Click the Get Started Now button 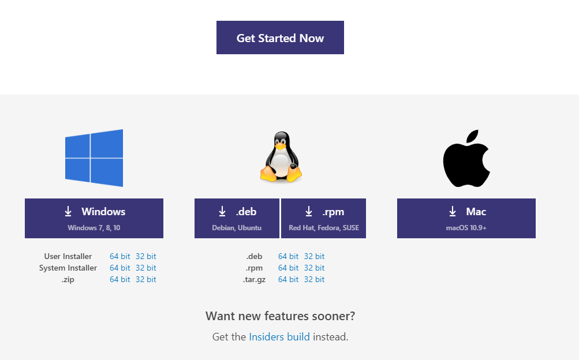[x=280, y=37]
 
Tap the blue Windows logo [x=94, y=158]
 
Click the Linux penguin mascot [x=281, y=157]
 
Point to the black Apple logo [x=466, y=158]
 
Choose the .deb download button [x=237, y=218]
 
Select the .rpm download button [x=323, y=218]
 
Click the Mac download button [x=466, y=218]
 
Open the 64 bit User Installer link [x=119, y=256]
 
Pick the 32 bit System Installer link [x=146, y=268]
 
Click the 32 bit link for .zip [x=146, y=279]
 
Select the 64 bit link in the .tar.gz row [x=288, y=279]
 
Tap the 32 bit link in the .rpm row [x=314, y=268]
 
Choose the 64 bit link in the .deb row [x=288, y=256]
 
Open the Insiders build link [x=279, y=337]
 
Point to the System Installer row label [x=68, y=268]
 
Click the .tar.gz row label [x=254, y=280]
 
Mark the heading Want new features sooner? [x=281, y=316]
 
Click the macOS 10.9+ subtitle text [x=466, y=228]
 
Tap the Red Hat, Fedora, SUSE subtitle [x=324, y=228]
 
